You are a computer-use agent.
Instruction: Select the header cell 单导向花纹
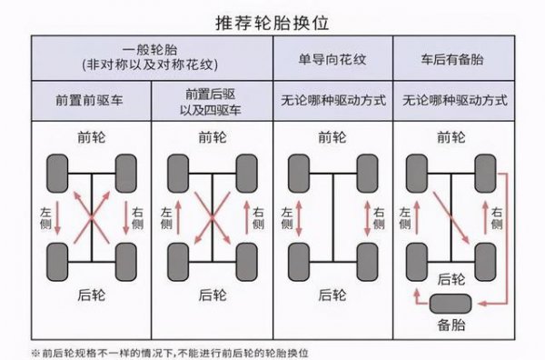(x=332, y=59)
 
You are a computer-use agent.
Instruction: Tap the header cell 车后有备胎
(x=451, y=59)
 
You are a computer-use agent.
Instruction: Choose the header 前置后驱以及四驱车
(x=212, y=99)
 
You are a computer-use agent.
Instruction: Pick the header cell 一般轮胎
(x=152, y=59)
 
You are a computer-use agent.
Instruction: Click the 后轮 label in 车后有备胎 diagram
(x=451, y=279)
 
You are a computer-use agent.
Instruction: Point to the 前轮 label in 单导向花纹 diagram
(x=332, y=138)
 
